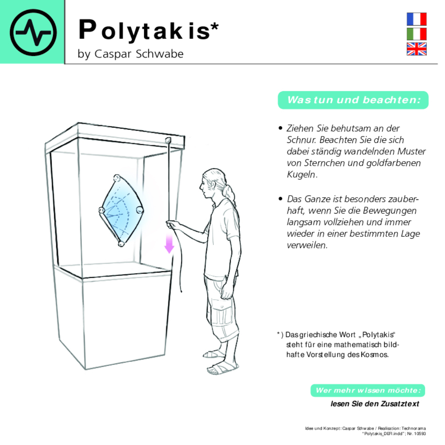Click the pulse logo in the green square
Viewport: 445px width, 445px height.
[x=33, y=32]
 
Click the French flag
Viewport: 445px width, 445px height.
[x=416, y=19]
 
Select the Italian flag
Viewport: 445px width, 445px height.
[x=416, y=34]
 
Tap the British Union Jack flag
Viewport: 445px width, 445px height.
[x=416, y=49]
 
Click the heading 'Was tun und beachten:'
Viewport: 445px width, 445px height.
[x=353, y=100]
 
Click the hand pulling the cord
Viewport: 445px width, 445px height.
[x=173, y=225]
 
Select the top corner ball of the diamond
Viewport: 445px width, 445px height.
[x=117, y=178]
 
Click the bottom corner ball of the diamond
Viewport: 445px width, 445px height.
[x=121, y=244]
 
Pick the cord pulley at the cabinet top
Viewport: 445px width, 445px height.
[x=168, y=140]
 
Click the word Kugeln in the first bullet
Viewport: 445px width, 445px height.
[x=301, y=175]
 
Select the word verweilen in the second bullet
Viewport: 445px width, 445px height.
[x=306, y=245]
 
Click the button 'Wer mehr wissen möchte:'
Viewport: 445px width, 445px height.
[x=368, y=390]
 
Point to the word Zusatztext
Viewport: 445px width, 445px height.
[x=401, y=404]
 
